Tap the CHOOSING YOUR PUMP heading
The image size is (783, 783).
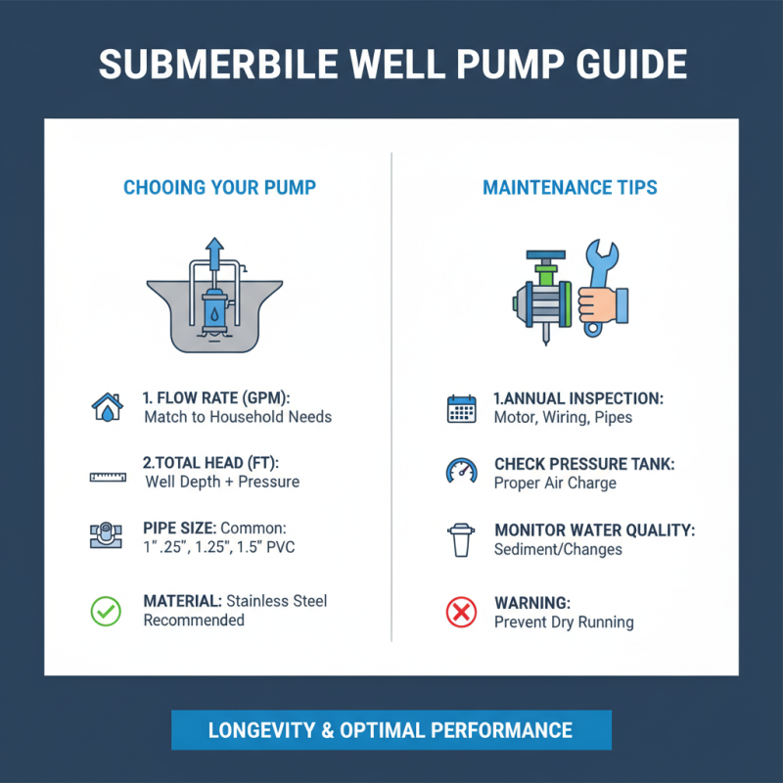pos(219,187)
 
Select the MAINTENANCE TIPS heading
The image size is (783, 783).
pos(570,187)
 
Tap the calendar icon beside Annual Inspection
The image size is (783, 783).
pos(460,408)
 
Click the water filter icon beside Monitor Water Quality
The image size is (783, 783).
pos(460,539)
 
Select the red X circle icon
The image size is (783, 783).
pos(460,613)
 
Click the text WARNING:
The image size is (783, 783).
pos(531,603)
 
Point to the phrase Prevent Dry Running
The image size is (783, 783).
pos(564,622)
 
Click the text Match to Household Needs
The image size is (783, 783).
pos(238,417)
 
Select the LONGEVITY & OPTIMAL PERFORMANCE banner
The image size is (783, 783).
pos(391,730)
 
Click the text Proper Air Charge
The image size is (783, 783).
pos(555,483)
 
